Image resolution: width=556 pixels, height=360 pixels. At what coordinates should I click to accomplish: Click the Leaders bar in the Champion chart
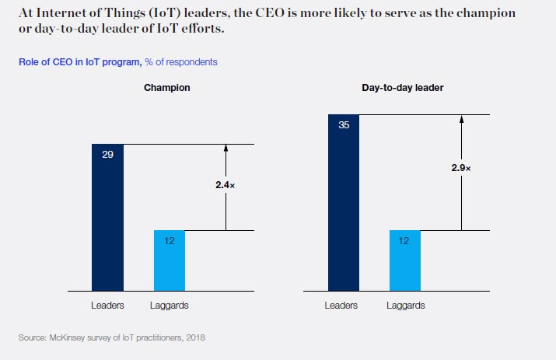coord(107,218)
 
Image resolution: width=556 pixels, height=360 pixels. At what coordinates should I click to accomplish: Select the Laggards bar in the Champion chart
coord(170,260)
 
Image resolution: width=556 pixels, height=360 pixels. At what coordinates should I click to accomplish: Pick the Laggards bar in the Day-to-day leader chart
coord(405,260)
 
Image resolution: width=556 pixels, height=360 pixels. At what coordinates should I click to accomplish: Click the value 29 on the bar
coord(107,155)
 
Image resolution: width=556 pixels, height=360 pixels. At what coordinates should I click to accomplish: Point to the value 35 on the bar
coord(344,125)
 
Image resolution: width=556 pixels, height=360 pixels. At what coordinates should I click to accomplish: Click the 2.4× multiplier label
coord(226,186)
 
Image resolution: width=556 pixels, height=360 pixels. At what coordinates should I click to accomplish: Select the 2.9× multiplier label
coord(462,168)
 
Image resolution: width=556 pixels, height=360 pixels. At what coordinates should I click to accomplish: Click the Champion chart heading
coord(167,88)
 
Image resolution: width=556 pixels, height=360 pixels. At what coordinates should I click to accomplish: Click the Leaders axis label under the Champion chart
coord(107,306)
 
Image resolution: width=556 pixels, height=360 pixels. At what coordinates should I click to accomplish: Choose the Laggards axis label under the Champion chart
coord(170,306)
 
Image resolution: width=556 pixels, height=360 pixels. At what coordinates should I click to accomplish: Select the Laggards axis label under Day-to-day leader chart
coord(406,306)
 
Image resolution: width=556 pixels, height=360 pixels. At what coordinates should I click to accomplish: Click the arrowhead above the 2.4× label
coord(226,149)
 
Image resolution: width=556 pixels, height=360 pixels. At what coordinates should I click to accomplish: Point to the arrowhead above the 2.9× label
coord(462,120)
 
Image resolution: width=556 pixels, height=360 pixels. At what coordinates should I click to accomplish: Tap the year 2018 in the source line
coord(195,338)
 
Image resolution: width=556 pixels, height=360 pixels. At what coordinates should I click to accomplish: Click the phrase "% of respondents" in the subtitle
coord(180,61)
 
